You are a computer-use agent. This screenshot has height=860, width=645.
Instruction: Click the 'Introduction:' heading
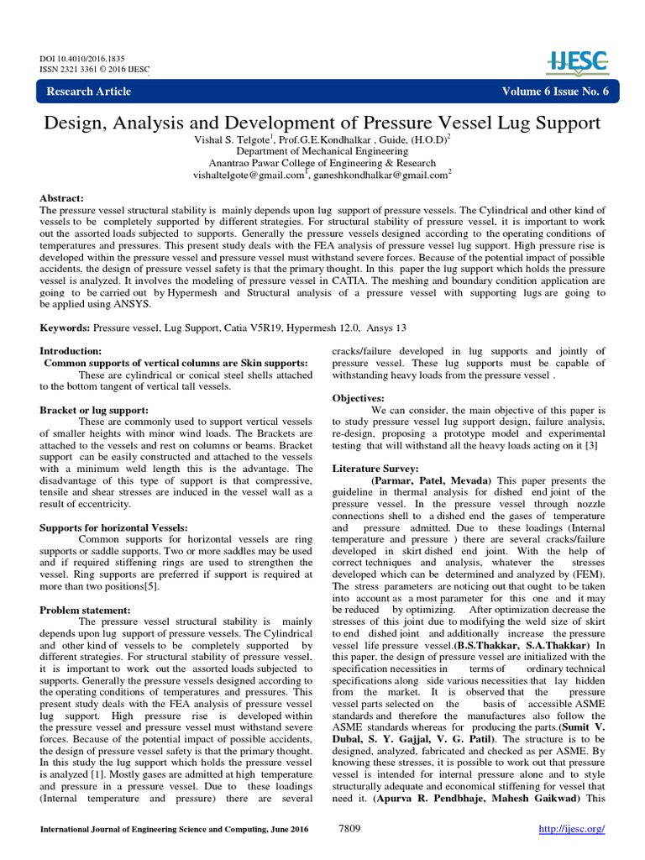click(71, 350)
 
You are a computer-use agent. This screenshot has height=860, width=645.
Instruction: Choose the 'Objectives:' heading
click(359, 397)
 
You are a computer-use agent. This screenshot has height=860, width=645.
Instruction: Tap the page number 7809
click(350, 828)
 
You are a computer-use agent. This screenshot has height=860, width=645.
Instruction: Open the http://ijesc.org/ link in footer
click(571, 829)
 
